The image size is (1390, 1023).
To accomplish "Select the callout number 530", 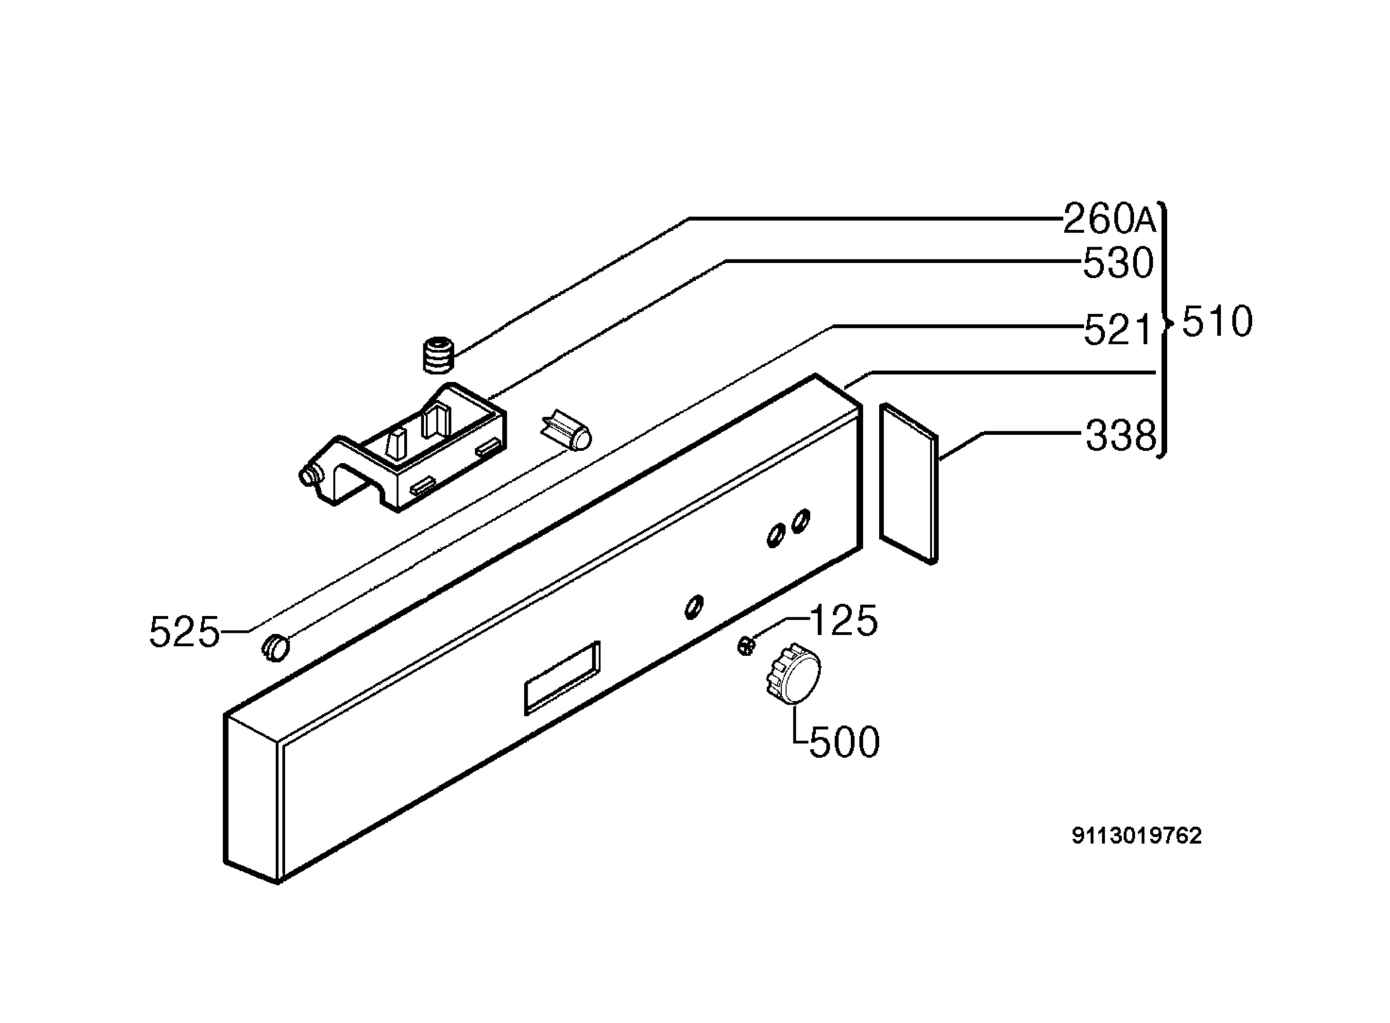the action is point(1118,263).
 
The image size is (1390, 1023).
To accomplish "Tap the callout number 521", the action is point(1117,329).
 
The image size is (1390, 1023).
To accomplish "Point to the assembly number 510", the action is point(1217,322).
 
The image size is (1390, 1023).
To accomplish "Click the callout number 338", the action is point(1121,435).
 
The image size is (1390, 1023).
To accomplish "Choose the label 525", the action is point(185,632).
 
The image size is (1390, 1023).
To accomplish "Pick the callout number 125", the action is point(843,621).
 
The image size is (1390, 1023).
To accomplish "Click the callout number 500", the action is point(844,742).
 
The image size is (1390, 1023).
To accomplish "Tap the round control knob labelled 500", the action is point(793,673).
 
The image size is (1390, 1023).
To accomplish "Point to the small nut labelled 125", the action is point(747,646).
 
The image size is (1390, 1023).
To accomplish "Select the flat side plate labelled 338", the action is point(908,483).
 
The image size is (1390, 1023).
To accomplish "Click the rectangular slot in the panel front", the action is point(562,677).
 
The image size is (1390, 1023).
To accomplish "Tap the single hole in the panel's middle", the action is point(694,606).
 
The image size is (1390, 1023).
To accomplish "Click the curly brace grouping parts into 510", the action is point(1165,329).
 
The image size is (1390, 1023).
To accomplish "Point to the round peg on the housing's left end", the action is point(308,475).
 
